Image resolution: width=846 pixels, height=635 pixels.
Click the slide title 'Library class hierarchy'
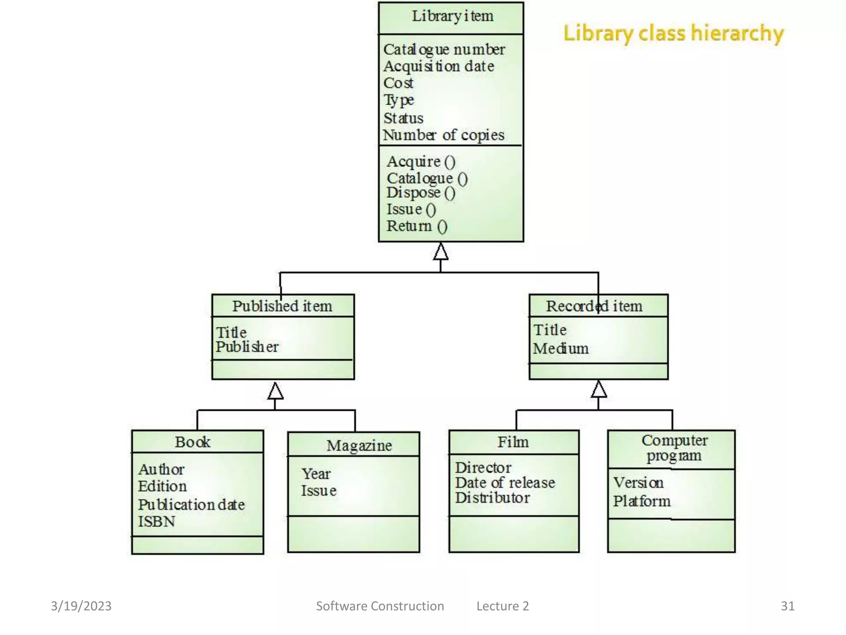[x=673, y=33]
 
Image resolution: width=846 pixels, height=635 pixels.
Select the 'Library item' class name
[x=452, y=17]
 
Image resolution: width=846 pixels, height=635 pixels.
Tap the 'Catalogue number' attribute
[x=444, y=50]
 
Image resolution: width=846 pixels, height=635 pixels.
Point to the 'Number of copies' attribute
[x=444, y=135]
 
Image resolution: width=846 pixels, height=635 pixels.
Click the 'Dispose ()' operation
[x=421, y=193]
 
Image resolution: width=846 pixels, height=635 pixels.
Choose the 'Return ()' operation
[x=417, y=226]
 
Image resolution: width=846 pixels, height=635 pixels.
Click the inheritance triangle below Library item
[x=441, y=252]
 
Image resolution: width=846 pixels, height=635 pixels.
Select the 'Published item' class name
[x=282, y=306]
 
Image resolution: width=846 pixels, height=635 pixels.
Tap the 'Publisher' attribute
[x=247, y=347]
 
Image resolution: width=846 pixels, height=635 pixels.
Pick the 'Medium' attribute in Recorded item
[x=561, y=349]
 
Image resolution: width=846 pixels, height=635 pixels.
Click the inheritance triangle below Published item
[x=276, y=391]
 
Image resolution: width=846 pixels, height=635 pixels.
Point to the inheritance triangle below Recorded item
[x=599, y=389]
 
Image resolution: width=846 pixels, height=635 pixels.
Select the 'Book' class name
[x=192, y=442]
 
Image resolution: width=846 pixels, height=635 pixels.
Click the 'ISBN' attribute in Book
[x=157, y=522]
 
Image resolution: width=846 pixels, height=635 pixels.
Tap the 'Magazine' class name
[x=359, y=446]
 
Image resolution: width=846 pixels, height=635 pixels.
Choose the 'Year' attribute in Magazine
[x=316, y=474]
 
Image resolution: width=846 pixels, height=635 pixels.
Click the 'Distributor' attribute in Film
[x=492, y=498]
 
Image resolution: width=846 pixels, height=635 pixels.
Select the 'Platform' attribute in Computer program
[x=642, y=501]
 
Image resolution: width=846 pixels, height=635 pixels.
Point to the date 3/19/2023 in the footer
[x=81, y=606]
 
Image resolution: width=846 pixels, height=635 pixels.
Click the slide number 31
[x=787, y=606]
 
